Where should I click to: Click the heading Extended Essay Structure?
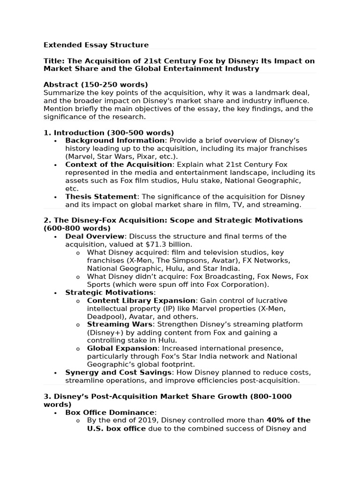(96, 45)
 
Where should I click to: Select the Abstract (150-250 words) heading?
(96, 84)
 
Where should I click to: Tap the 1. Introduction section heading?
(109, 133)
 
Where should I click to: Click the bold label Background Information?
(115, 141)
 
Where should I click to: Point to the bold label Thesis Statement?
(101, 197)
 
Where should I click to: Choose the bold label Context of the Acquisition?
(119, 165)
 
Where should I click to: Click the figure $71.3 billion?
(169, 245)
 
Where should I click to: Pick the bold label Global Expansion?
(122, 348)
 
